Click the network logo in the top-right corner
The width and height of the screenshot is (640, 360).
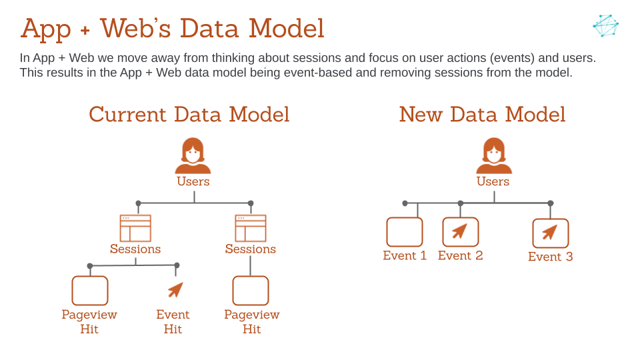click(x=605, y=25)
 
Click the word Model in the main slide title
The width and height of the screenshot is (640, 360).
click(x=286, y=29)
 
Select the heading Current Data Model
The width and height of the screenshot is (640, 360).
click(x=189, y=115)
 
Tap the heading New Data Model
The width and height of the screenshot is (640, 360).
click(x=482, y=115)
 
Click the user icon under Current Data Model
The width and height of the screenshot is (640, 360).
click(x=193, y=155)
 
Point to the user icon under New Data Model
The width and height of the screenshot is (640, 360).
click(x=494, y=155)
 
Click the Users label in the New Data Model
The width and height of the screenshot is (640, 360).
click(x=493, y=181)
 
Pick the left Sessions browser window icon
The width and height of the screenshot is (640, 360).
click(x=135, y=228)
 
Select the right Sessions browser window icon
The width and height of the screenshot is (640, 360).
click(x=251, y=228)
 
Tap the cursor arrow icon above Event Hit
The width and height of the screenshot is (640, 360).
click(x=175, y=289)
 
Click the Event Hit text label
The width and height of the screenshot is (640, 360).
click(x=173, y=321)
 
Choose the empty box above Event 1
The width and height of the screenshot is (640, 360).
click(x=405, y=232)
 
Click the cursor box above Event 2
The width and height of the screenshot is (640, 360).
click(x=460, y=232)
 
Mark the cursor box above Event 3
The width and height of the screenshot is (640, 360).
click(x=550, y=233)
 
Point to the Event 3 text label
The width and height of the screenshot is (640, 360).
click(x=550, y=257)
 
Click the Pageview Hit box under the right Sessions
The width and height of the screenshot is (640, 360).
click(x=251, y=291)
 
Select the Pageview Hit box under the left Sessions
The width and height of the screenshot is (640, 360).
click(x=90, y=291)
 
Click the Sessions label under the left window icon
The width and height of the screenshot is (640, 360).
click(x=135, y=249)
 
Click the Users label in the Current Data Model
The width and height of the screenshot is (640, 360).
click(x=193, y=181)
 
